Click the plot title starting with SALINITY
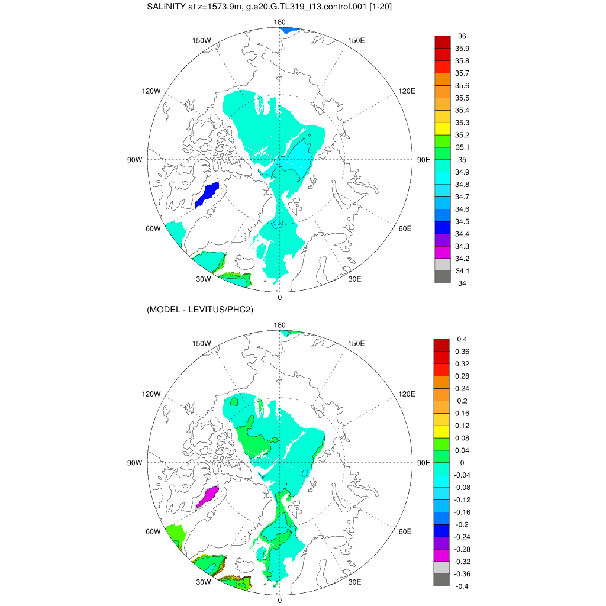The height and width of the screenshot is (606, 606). point(269,7)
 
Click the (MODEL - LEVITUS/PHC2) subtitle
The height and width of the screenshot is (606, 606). point(200,310)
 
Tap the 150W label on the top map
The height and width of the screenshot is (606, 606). point(202,40)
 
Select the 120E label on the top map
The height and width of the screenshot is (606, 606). point(407,91)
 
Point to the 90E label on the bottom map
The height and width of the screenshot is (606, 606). point(423,463)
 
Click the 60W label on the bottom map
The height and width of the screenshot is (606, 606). point(153,531)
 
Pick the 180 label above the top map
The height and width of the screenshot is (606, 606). point(280,22)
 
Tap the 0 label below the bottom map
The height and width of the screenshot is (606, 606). point(280,601)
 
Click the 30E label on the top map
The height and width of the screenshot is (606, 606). point(355,279)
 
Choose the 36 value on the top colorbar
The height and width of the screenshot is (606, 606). point(462,36)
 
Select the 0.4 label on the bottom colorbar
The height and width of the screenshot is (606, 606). point(462,339)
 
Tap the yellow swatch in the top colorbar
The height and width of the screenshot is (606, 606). point(443,128)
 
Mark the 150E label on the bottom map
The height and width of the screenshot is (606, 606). point(356,343)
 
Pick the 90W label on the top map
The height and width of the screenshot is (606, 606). point(135,160)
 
